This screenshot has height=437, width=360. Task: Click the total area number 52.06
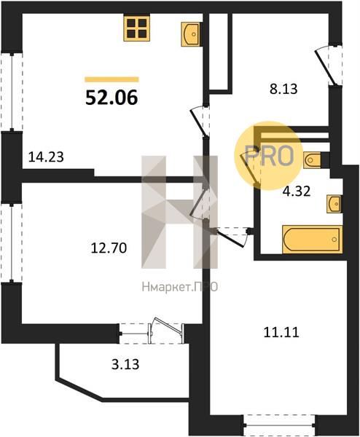(x=111, y=98)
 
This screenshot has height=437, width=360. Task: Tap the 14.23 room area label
(x=47, y=157)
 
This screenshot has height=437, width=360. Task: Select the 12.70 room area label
(x=109, y=248)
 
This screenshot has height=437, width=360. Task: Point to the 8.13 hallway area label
(x=283, y=89)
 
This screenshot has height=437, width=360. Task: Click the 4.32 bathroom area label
(x=297, y=192)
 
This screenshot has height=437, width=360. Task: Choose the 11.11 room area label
(x=281, y=332)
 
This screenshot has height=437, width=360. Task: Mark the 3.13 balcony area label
(x=125, y=364)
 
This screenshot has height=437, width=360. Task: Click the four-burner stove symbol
(x=137, y=28)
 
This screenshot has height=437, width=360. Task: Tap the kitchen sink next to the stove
(x=190, y=34)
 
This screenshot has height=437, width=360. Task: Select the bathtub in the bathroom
(x=313, y=240)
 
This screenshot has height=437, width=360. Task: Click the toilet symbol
(x=313, y=160)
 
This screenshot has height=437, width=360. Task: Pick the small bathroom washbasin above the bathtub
(x=334, y=204)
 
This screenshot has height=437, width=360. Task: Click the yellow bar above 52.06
(x=111, y=79)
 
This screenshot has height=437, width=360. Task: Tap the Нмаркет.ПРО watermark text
(x=179, y=287)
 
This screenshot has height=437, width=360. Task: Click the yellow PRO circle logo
(x=268, y=156)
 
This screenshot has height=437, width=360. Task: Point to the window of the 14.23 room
(x=12, y=92)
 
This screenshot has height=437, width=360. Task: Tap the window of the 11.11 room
(x=279, y=425)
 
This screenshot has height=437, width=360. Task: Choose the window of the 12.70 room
(x=12, y=243)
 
